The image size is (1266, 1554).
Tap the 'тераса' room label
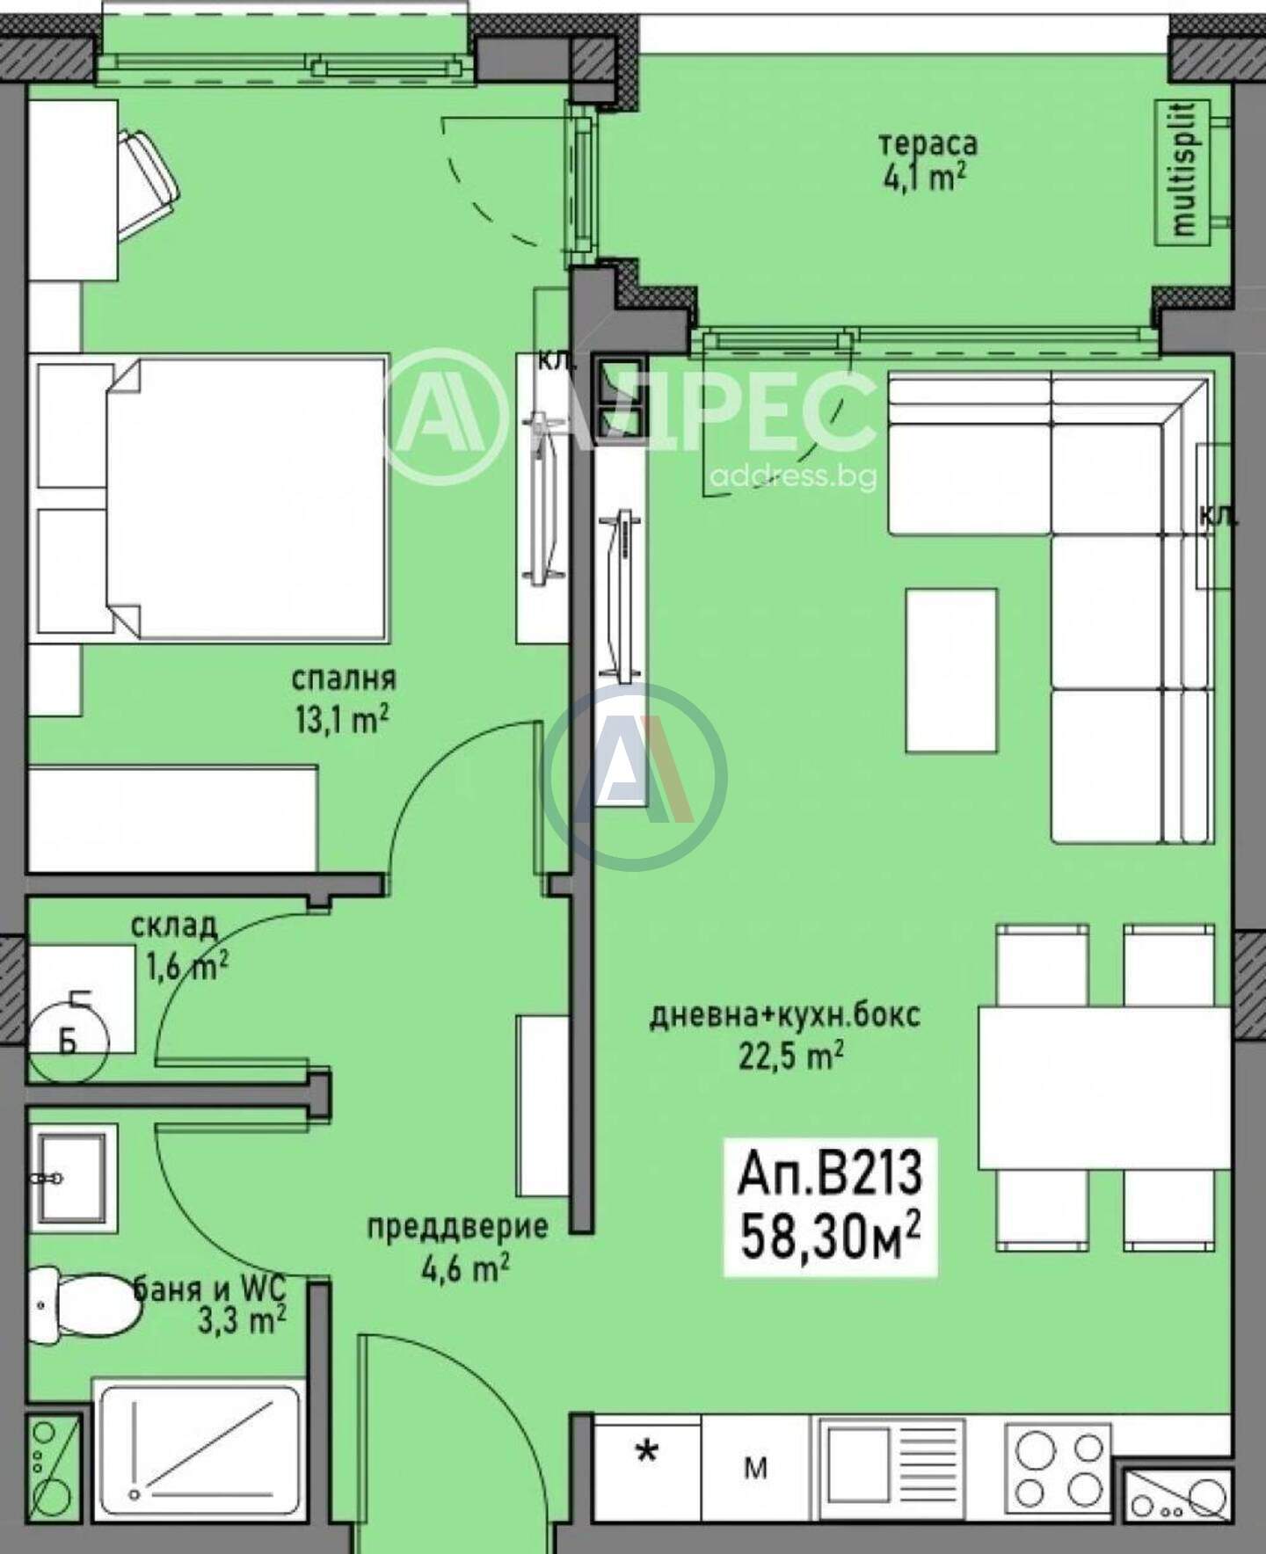pyautogui.click(x=928, y=143)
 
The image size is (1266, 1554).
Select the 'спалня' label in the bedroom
pyautogui.click(x=343, y=679)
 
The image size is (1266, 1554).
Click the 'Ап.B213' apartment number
pyautogui.click(x=831, y=1174)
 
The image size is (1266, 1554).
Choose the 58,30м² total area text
pyautogui.click(x=831, y=1236)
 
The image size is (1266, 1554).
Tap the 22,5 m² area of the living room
pyautogui.click(x=791, y=1056)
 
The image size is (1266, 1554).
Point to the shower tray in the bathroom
pyautogui.click(x=199, y=1441)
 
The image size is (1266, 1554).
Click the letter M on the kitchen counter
pyautogui.click(x=755, y=1468)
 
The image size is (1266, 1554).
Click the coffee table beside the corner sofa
pyautogui.click(x=952, y=671)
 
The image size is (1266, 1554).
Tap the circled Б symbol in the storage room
pyautogui.click(x=69, y=1042)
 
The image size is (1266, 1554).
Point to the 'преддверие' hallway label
pyautogui.click(x=457, y=1227)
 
